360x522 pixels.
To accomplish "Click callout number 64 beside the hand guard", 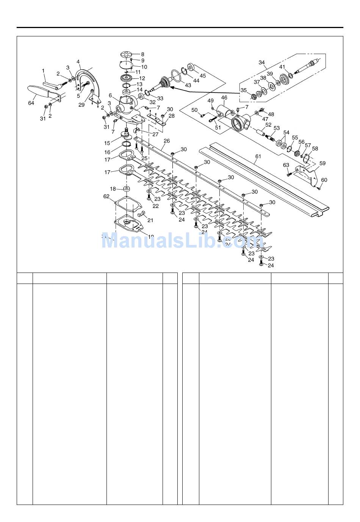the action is pos(31,103).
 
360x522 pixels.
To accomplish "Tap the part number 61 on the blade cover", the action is pos(258,156).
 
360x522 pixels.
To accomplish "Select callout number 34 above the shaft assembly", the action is pos(262,63).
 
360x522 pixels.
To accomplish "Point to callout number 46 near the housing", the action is pos(224,98).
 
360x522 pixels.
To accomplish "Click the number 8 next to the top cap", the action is pos(142,54).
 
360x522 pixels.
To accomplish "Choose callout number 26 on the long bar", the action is pos(166,141).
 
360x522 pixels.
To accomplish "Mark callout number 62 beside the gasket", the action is pos(106,196).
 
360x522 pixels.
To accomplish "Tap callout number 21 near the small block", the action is pos(150,220).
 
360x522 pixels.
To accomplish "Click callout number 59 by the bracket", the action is pos(322,163).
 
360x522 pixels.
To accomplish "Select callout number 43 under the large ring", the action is pos(188,85).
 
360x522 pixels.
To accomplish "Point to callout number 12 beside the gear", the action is pos(142,78).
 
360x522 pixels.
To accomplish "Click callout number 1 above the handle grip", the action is pos(43,71).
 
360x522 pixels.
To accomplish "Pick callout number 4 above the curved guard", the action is pos(78,61).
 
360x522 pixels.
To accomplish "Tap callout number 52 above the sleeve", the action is pos(268,124).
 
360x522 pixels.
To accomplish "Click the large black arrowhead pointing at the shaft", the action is pos(173,88).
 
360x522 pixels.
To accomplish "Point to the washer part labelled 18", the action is pos(126,189).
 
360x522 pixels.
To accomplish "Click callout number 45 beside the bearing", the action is pos(203,76).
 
